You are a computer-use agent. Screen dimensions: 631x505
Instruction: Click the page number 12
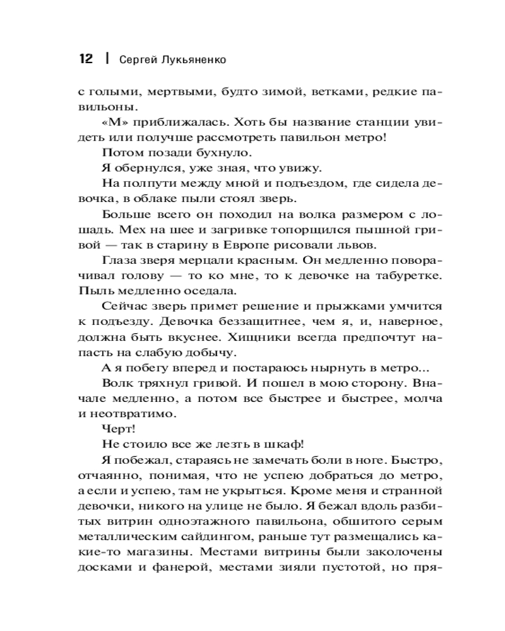click(85, 59)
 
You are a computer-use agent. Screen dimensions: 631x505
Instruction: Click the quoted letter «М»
click(113, 122)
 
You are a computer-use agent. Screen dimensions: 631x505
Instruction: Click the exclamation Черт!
click(114, 428)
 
